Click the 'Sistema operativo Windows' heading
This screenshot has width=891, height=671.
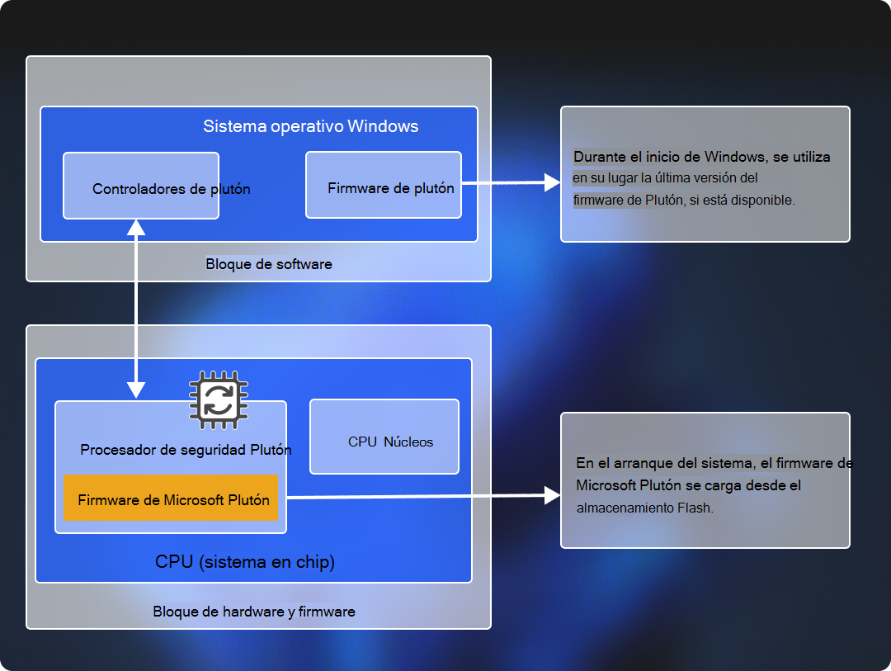pos(310,126)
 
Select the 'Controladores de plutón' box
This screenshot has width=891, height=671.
pos(141,186)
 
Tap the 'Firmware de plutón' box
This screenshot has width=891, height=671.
pos(383,185)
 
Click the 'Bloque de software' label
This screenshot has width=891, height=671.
pos(269,264)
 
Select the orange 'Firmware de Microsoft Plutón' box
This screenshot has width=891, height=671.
pos(172,499)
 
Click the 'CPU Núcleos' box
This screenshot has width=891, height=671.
pos(384,437)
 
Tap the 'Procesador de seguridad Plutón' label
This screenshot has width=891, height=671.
pos(186,450)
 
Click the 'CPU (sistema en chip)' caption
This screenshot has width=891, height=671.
pos(245,562)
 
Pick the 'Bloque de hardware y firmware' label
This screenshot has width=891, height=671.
pos(254,612)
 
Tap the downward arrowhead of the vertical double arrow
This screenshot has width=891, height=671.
pos(135,389)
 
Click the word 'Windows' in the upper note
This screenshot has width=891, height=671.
pos(739,157)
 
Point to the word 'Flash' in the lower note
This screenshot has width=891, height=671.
pos(693,508)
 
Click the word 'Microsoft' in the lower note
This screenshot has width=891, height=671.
pos(606,485)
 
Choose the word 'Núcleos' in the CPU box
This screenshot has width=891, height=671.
pos(408,442)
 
